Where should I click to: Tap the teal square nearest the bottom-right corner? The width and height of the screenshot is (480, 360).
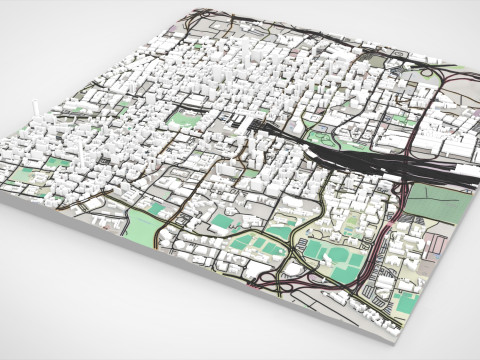(405, 300)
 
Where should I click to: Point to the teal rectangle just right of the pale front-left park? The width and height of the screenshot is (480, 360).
(161, 211)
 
